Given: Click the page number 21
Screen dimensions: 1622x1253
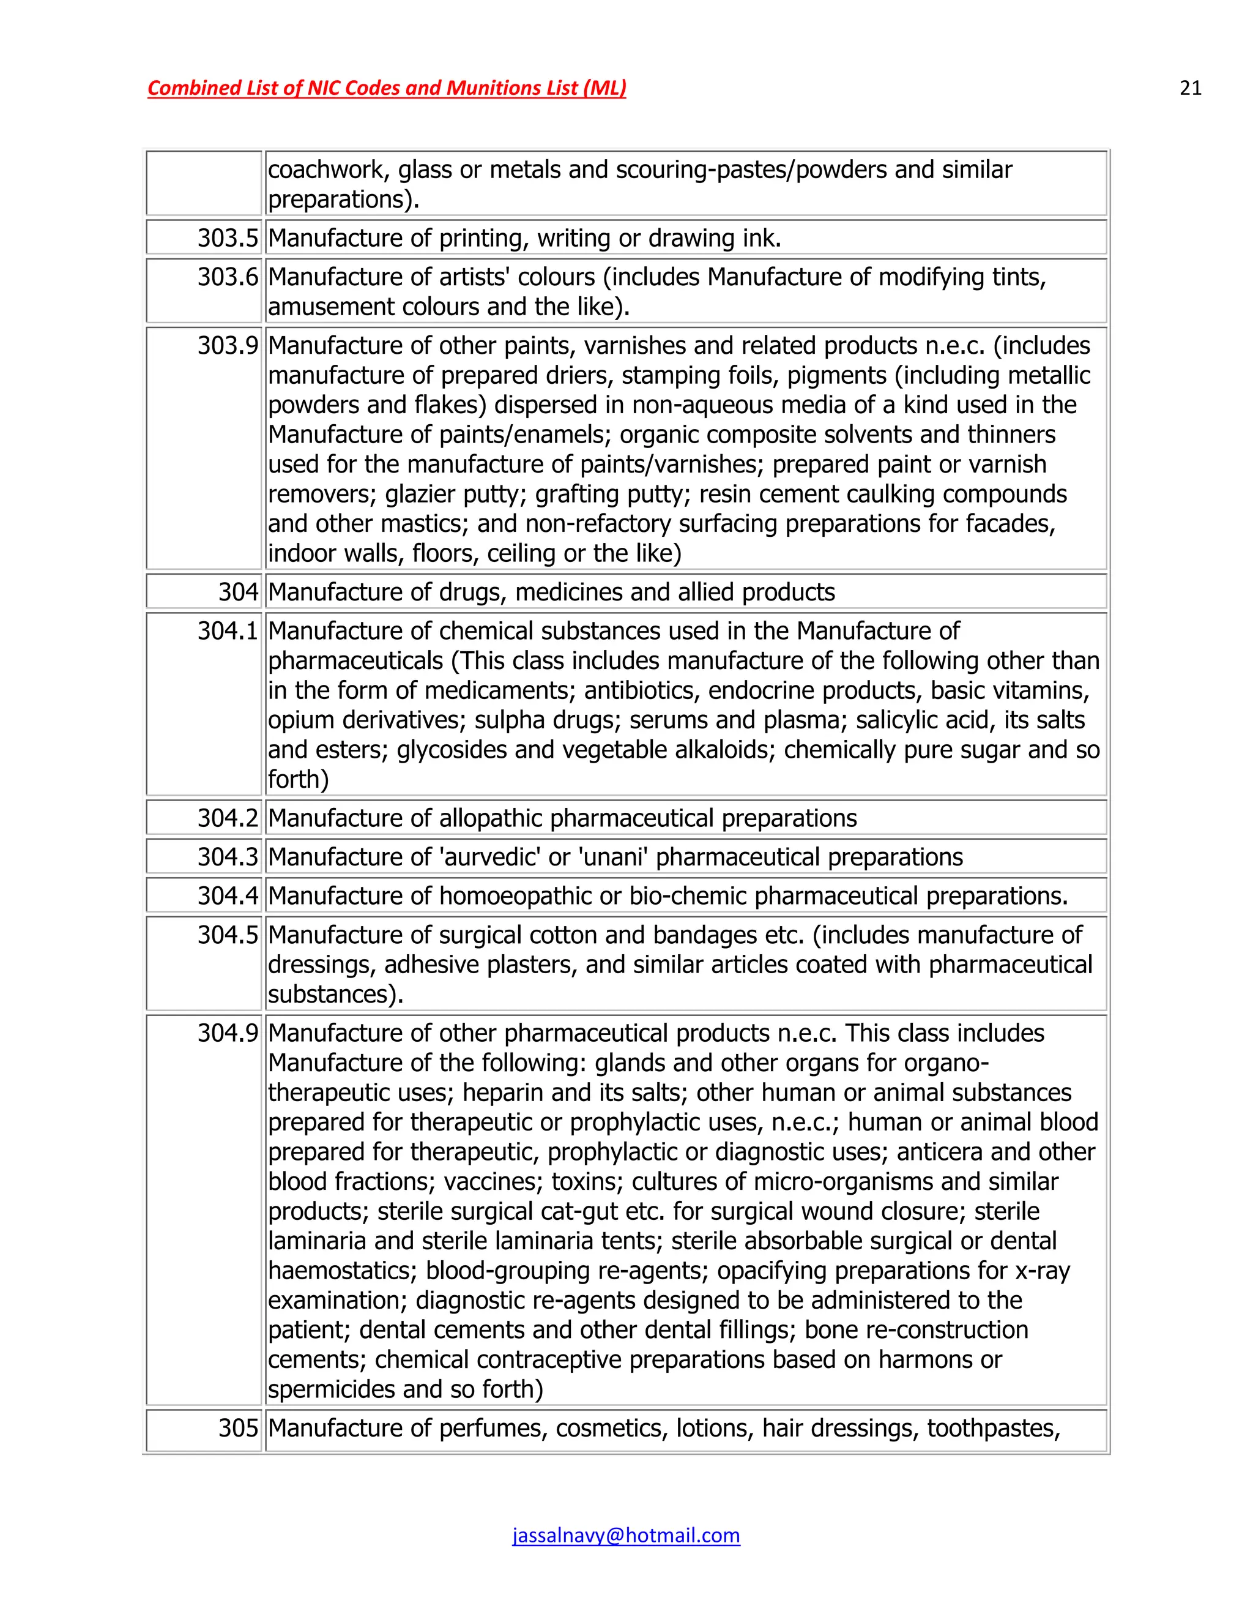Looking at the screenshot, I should pos(1190,88).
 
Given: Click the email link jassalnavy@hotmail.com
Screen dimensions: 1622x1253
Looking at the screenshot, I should pos(626,1535).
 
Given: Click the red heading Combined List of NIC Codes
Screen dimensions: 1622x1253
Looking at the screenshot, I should pos(386,88).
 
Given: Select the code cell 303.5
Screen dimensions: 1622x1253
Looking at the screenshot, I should pos(227,238).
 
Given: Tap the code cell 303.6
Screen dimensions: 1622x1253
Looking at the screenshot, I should pos(227,277).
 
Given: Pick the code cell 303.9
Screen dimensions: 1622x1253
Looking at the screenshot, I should pos(227,346).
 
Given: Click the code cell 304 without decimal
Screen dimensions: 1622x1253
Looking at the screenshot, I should pos(237,592).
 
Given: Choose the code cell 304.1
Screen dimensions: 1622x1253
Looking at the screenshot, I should pos(227,631).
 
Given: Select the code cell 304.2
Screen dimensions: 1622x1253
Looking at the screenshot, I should pos(227,818).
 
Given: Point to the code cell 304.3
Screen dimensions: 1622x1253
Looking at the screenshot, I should pos(227,857).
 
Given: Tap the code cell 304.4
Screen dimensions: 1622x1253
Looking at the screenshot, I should pos(227,895).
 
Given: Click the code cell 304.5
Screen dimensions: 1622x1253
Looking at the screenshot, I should pos(227,935).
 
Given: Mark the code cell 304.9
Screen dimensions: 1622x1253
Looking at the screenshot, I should pos(227,1033).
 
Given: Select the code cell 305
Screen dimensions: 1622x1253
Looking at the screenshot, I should pos(237,1427).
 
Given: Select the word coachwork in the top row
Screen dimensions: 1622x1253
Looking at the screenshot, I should pos(326,170).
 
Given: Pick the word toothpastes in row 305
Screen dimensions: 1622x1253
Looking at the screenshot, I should pos(993,1428).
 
